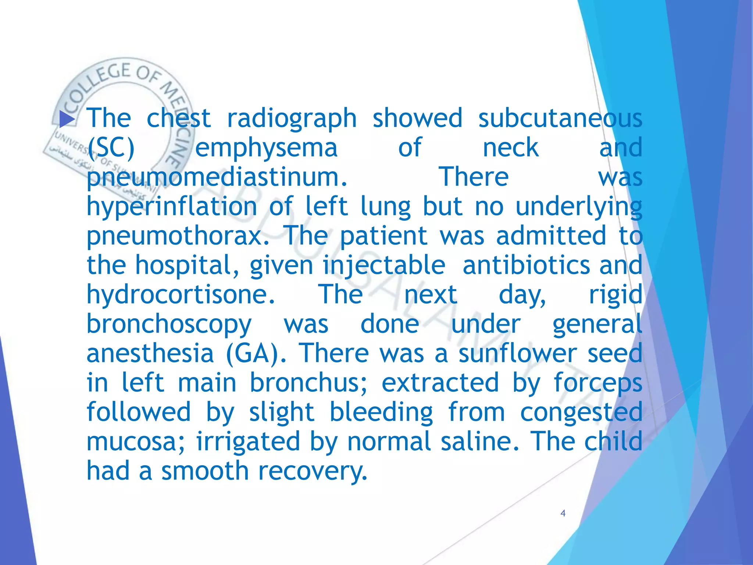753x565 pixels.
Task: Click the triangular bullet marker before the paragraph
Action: point(67,119)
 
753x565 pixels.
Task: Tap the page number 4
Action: point(563,513)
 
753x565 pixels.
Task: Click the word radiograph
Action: point(292,118)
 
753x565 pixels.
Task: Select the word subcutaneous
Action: point(560,118)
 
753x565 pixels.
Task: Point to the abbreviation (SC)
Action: point(111,148)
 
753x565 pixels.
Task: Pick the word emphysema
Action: point(266,148)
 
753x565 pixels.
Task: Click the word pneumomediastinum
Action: point(217,177)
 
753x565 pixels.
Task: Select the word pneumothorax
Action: point(178,236)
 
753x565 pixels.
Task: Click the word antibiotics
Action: point(526,266)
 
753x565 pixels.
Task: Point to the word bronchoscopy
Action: point(169,324)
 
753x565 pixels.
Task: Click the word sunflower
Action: point(517,353)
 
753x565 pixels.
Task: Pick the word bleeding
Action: point(381,412)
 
